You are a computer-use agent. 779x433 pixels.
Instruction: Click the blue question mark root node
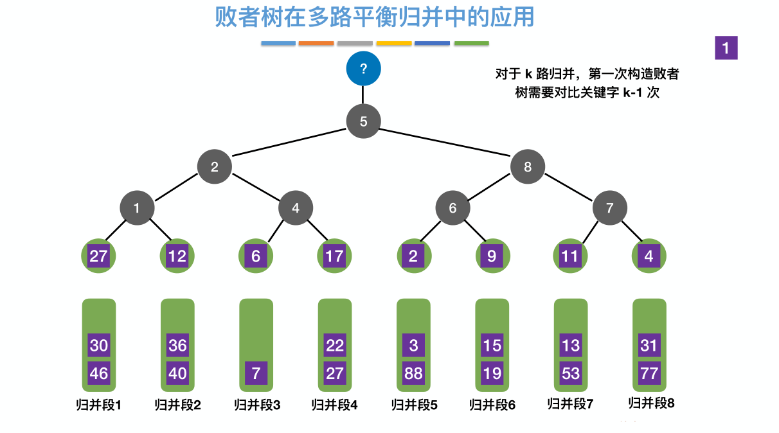coord(363,69)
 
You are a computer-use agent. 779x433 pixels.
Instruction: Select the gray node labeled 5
coord(363,121)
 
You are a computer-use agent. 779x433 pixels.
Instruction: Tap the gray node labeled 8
coord(528,167)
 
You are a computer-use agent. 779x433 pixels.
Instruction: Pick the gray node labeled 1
coord(136,208)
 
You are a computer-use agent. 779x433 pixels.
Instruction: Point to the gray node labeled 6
coord(452,208)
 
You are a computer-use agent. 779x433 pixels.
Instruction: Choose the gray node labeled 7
coord(610,208)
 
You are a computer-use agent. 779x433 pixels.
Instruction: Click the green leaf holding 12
coord(177,256)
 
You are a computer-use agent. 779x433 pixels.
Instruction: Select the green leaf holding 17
coord(334,256)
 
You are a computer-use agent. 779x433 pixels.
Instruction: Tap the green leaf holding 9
coord(492,256)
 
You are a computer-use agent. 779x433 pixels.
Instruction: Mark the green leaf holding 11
coord(570,256)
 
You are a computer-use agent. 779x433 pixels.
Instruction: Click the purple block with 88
coord(413,373)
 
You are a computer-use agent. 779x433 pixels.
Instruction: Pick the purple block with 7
coord(256,373)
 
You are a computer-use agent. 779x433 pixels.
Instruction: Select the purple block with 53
coord(571,373)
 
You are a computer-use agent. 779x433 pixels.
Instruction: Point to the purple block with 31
coord(649,346)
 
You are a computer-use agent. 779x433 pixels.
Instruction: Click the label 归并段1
coord(98,405)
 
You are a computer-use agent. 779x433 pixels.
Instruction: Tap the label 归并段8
coord(651,403)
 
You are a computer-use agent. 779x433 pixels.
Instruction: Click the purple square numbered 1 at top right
coord(726,48)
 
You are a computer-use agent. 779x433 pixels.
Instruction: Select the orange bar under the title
coord(316,44)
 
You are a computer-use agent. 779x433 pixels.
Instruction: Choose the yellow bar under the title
coord(393,44)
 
